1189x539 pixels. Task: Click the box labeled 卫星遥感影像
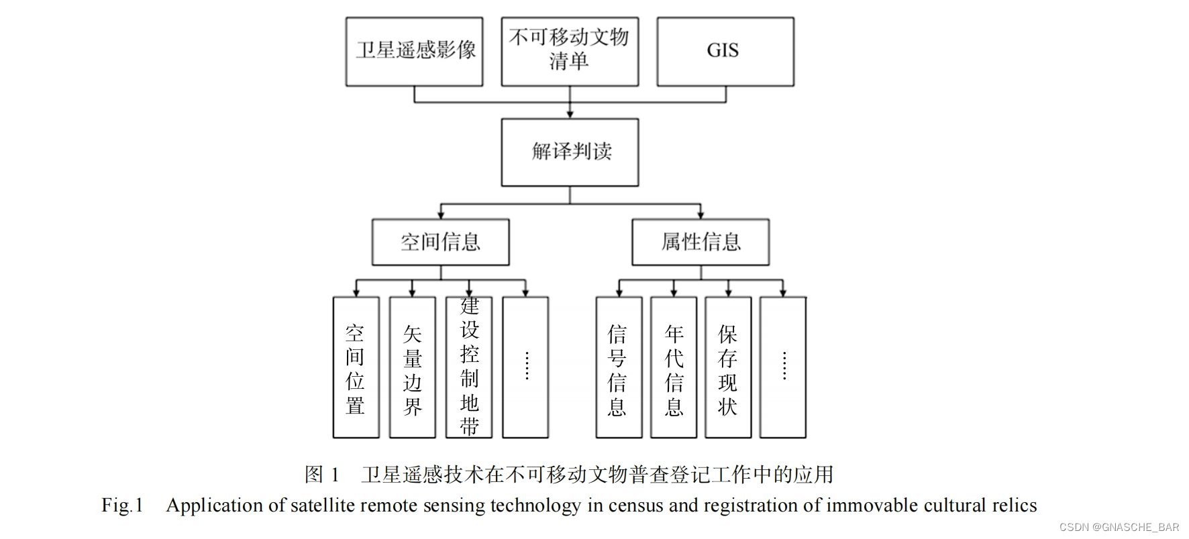[414, 52]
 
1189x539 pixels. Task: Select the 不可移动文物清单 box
[570, 52]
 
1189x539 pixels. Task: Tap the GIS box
[725, 52]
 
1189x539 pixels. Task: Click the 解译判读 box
[570, 152]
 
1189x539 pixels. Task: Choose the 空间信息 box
[440, 242]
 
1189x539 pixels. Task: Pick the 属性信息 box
[700, 242]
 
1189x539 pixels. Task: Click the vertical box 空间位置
[356, 367]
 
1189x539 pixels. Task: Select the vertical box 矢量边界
[412, 367]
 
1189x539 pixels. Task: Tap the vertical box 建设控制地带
[469, 367]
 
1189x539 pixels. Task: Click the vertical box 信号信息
[618, 367]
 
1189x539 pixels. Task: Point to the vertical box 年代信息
[674, 367]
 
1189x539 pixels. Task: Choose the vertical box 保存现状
[728, 367]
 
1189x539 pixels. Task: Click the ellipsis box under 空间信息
[525, 367]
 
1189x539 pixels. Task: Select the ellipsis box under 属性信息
[783, 367]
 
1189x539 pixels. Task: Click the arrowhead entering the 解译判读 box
[570, 115]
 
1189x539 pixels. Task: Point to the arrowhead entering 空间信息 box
[441, 215]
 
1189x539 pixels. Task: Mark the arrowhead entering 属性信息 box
[701, 215]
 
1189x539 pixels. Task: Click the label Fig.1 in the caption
[122, 505]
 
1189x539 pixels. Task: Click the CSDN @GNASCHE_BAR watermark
[1119, 528]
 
